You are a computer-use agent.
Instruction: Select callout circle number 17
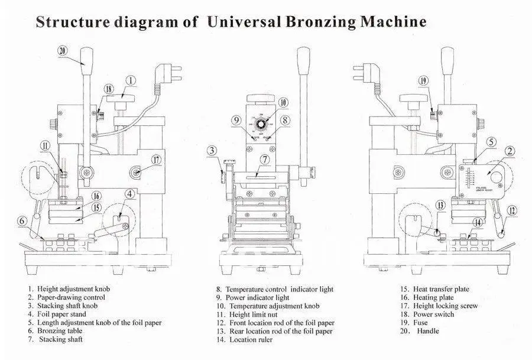156,159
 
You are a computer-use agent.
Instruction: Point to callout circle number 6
21,221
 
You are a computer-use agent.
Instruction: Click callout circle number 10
283,103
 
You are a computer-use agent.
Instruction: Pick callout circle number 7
265,159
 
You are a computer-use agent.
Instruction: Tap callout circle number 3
213,151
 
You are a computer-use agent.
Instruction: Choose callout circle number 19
423,80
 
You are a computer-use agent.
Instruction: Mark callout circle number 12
512,209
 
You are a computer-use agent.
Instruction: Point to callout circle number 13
440,205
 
